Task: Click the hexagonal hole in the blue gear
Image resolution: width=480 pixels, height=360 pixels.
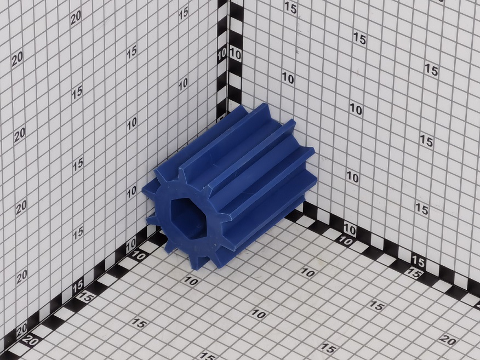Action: pyautogui.click(x=187, y=218)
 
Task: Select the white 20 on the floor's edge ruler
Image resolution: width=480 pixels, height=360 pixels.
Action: pyautogui.click(x=30, y=340)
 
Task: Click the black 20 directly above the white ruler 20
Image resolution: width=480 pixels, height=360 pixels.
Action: pyautogui.click(x=21, y=330)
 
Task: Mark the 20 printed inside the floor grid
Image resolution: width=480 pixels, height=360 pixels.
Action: pyautogui.click(x=448, y=340)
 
